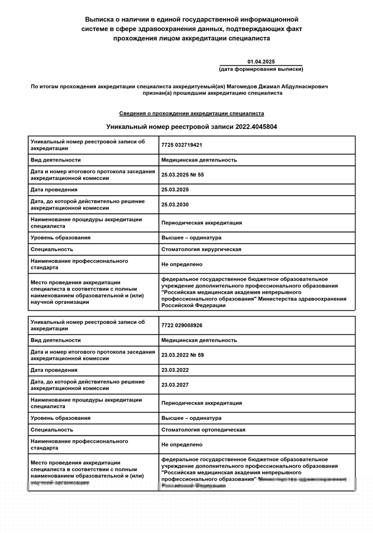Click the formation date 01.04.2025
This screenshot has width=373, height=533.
[x=261, y=62]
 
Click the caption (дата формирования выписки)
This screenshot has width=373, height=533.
[x=261, y=70]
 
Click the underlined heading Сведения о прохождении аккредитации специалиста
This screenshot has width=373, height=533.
[x=191, y=114]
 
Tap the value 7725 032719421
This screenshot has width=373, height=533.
[x=181, y=145]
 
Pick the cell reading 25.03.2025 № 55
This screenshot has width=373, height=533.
[x=182, y=175]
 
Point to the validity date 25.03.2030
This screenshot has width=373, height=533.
[x=175, y=205]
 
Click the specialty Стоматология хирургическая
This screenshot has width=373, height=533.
[x=201, y=249]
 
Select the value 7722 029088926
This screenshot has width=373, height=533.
[x=181, y=325]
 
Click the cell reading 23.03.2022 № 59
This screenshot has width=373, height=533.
[x=182, y=355]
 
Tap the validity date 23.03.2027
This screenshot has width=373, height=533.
[x=175, y=385]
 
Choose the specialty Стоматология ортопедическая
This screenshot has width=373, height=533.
[x=203, y=430]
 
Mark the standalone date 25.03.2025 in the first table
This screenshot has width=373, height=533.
[x=175, y=190]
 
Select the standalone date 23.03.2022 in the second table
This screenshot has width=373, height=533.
[x=175, y=370]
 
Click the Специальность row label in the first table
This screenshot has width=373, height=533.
[x=52, y=249]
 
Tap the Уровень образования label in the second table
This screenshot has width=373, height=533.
[x=61, y=418]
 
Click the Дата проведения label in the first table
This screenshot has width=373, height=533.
[x=54, y=190]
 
